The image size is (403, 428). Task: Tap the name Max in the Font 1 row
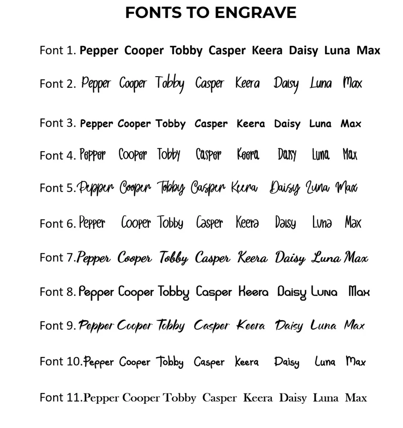[x=368, y=51]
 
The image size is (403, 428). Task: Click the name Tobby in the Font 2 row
[x=170, y=83]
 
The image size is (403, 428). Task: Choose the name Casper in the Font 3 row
[x=211, y=124]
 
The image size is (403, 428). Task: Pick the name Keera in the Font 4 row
[x=248, y=155]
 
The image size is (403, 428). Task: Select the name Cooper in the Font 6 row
[x=136, y=223]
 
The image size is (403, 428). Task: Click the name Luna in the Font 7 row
[x=326, y=258]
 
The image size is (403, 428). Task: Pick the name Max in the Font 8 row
[x=359, y=292]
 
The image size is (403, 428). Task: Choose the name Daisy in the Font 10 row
[x=287, y=363]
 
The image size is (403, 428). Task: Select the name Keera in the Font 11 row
[x=258, y=398]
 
